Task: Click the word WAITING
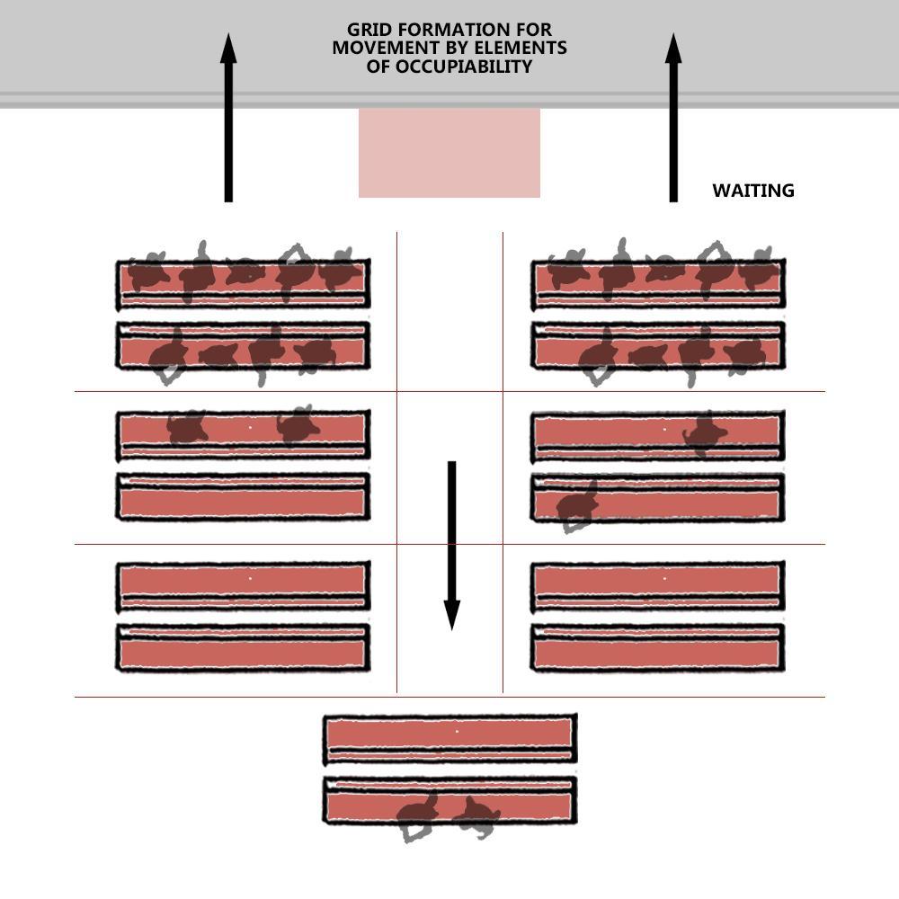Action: tap(752, 191)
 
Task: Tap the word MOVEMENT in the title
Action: tap(380, 49)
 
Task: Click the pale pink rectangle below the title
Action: tap(449, 153)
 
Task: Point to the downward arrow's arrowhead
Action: tap(452, 615)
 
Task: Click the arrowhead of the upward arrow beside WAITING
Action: tap(673, 49)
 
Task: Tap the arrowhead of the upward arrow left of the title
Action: tap(228, 49)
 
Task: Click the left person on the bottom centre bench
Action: tap(416, 816)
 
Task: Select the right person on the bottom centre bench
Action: tap(477, 816)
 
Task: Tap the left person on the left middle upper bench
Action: tap(187, 428)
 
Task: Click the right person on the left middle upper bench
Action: tap(298, 425)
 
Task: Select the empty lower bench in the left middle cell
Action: tap(243, 497)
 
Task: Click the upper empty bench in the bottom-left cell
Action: tap(243, 585)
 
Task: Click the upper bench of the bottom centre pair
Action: tap(449, 737)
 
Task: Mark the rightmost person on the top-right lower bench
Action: tap(745, 354)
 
